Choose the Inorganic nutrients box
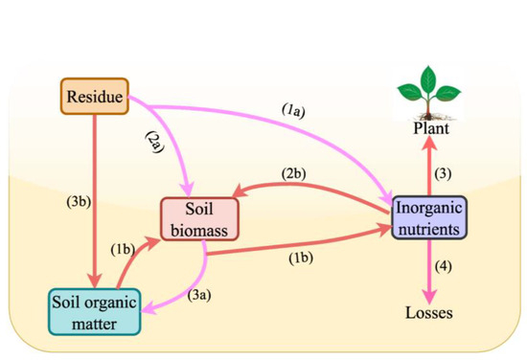[x=427, y=218]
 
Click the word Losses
[x=427, y=312]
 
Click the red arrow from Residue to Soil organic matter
[x=93, y=191]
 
